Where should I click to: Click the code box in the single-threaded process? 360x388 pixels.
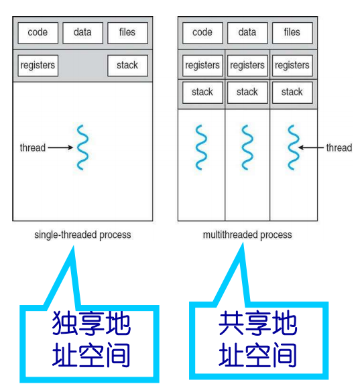[x=38, y=32]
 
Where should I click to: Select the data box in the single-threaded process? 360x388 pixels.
[x=82, y=32]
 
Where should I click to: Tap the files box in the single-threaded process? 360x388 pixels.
[x=127, y=32]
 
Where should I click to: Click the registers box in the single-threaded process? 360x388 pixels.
[x=38, y=66]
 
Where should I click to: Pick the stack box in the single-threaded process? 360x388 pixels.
[x=127, y=66]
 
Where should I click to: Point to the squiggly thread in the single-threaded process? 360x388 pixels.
[x=82, y=147]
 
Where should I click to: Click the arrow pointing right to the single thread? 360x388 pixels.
[x=60, y=147]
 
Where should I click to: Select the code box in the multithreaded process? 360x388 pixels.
[x=202, y=32]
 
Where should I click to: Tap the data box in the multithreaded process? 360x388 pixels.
[x=247, y=32]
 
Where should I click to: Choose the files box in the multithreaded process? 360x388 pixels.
[x=292, y=32]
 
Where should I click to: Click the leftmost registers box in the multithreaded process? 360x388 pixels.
[x=202, y=66]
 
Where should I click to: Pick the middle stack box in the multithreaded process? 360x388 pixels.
[x=247, y=92]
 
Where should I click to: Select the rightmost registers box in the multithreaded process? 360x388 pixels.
[x=292, y=66]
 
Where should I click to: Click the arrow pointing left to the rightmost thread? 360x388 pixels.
[x=311, y=147]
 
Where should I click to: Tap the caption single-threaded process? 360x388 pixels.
[x=82, y=235]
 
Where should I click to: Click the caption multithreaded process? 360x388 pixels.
[x=247, y=235]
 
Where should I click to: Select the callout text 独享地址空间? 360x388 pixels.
[x=91, y=340]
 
